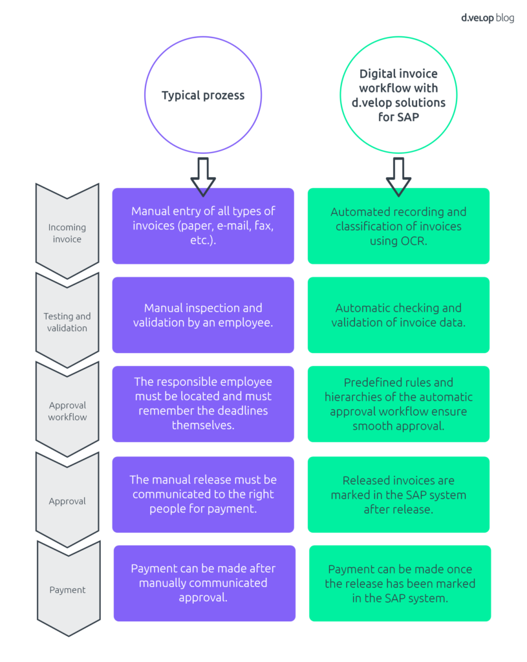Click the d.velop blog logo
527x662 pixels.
487,18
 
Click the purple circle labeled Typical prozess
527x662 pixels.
203,96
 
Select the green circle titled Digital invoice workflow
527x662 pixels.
398,96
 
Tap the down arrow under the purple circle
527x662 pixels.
203,175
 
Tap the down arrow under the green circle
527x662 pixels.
398,175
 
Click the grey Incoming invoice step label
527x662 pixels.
67,233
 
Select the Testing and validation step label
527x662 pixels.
67,322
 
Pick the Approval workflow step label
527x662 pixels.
67,411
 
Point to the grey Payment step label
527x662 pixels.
67,590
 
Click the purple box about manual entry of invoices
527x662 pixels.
203,226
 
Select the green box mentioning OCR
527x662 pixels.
398,226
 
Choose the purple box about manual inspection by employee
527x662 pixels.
203,315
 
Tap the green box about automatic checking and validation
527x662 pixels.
398,315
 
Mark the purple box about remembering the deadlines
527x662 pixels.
203,403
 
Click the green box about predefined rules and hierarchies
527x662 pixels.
398,403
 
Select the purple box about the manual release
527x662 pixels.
203,494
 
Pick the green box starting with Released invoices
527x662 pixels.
398,494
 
